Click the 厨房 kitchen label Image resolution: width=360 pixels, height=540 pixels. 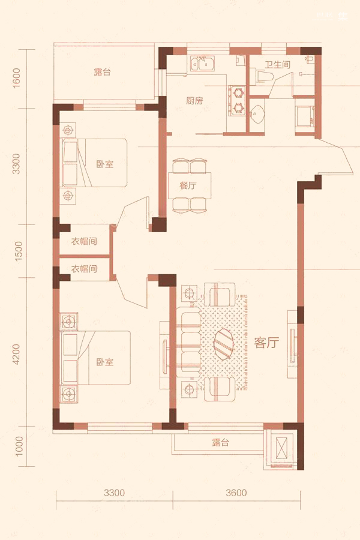click(x=194, y=101)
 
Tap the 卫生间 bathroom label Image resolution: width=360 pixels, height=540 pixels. click(x=277, y=64)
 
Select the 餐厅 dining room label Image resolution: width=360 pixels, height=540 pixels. click(x=188, y=185)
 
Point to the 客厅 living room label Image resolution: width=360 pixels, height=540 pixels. click(x=266, y=343)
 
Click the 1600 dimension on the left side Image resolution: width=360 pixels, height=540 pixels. click(x=17, y=78)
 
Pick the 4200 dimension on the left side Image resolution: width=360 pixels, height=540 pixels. click(x=17, y=355)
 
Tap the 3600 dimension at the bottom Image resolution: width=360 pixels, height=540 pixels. click(x=236, y=493)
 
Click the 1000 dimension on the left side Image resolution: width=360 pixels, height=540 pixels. click(x=19, y=446)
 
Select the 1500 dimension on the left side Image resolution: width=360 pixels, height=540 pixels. click(x=18, y=251)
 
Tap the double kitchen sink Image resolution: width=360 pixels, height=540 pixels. click(x=202, y=64)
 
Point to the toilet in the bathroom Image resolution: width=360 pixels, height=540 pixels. click(x=263, y=76)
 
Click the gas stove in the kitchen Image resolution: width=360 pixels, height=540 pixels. click(x=238, y=101)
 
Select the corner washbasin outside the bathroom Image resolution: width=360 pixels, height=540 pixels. click(x=257, y=113)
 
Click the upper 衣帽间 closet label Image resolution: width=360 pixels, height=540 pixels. click(x=84, y=241)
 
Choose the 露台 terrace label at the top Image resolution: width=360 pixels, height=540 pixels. click(x=103, y=72)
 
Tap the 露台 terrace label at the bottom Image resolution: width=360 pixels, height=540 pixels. click(x=220, y=443)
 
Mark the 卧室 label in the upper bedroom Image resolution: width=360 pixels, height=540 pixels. click(x=105, y=164)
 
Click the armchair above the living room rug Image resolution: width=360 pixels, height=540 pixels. click(x=220, y=294)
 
